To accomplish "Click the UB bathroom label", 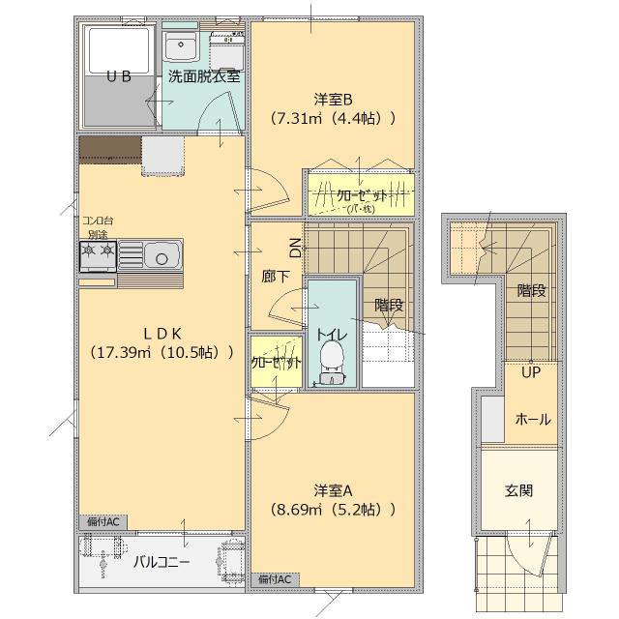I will [118, 76].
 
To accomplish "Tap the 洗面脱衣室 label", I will [203, 76].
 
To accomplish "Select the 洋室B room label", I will [333, 99].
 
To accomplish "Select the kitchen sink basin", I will [162, 256].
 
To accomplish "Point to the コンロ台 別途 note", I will [97, 227].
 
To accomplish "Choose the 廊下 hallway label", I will [276, 277].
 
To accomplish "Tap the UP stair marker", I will [531, 371].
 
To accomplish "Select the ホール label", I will [533, 420].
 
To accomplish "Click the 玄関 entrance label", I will [518, 490].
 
